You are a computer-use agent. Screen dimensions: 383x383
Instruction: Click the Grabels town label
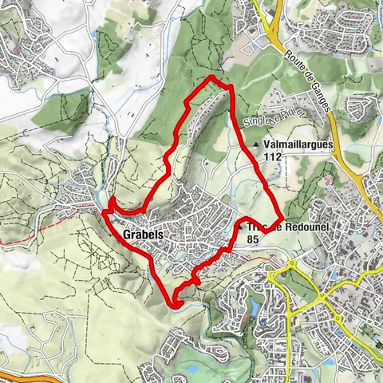coord(144,235)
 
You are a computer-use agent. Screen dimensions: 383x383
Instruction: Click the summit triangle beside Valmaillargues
coord(255,144)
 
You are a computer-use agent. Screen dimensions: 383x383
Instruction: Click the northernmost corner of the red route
coord(210,77)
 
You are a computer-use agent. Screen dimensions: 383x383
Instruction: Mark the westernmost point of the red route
coord(104,212)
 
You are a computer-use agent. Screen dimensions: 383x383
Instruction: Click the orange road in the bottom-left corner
coord(24,371)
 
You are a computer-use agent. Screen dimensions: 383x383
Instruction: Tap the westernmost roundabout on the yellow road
coord(274,276)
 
